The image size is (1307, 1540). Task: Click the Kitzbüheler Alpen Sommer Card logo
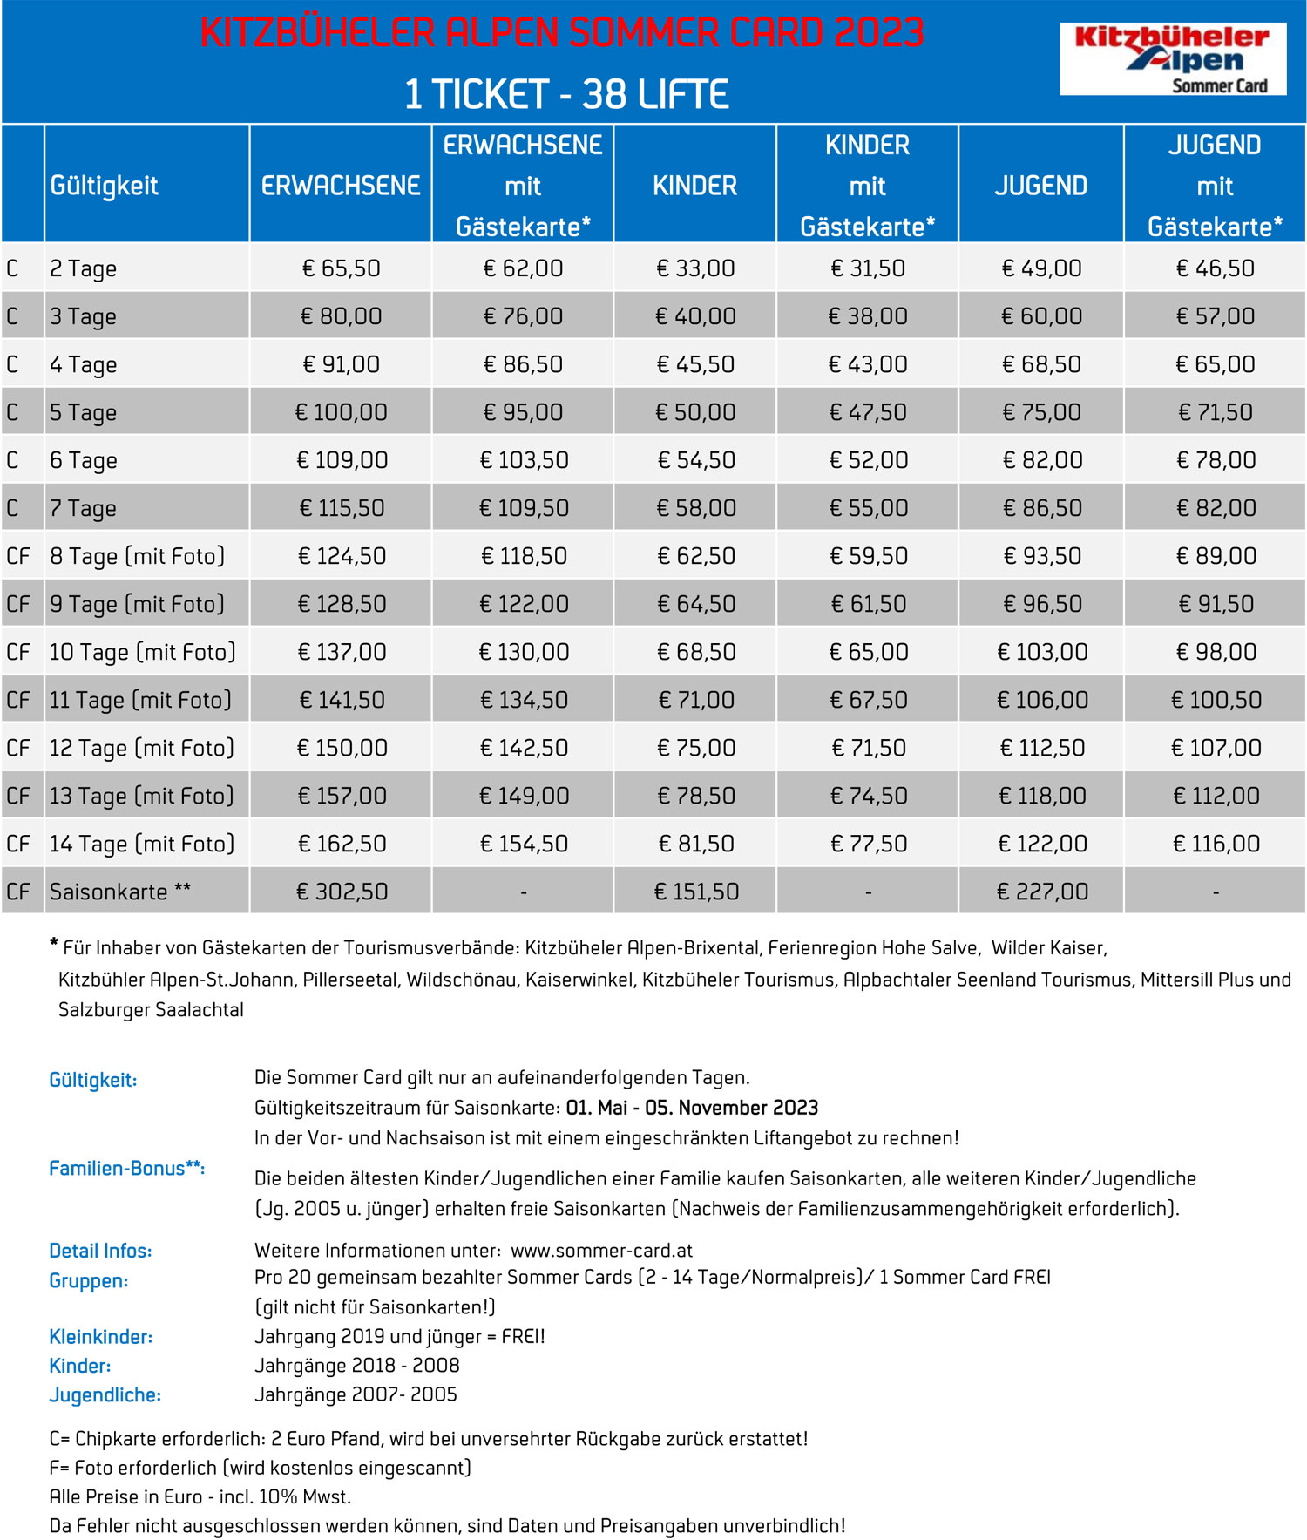[x=1172, y=59]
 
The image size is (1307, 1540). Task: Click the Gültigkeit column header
[x=105, y=186]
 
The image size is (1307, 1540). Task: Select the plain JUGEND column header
[x=1040, y=186]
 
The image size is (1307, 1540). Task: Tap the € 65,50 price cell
[x=341, y=268]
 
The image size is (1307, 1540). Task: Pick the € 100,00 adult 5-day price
[x=341, y=412]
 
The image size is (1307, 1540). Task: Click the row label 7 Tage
[x=83, y=508]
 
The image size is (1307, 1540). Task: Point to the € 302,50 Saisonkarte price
[x=341, y=892]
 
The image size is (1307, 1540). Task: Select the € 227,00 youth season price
[x=1042, y=892]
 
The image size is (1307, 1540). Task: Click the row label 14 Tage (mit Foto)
[x=142, y=844]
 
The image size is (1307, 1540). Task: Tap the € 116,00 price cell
[x=1216, y=844]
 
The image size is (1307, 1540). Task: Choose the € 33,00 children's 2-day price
[x=695, y=268]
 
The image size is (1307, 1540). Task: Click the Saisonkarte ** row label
[x=119, y=892]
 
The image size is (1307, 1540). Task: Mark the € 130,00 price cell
[x=524, y=652]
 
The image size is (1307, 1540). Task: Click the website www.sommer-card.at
[x=601, y=1251]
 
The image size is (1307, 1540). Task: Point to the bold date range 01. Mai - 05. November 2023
[x=692, y=1108]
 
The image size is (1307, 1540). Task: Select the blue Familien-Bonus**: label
[x=126, y=1169]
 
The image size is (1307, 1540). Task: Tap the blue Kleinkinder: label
[x=100, y=1337]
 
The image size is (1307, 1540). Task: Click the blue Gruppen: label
[x=88, y=1281]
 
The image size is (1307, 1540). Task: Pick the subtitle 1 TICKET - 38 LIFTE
[x=566, y=94]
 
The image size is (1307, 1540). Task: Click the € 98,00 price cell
[x=1216, y=652]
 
